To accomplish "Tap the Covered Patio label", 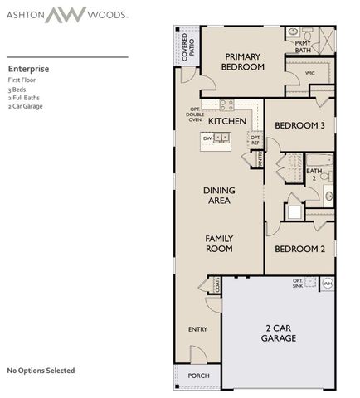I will point(187,45).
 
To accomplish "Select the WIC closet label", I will point(310,73).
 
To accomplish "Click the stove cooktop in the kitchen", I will point(228,104).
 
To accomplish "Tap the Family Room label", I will point(219,244).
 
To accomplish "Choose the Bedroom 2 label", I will point(299,249).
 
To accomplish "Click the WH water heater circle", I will point(327,284).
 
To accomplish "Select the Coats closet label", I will point(216,284).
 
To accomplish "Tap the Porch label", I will point(198,376).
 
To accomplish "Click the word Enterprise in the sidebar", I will point(28,69).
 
